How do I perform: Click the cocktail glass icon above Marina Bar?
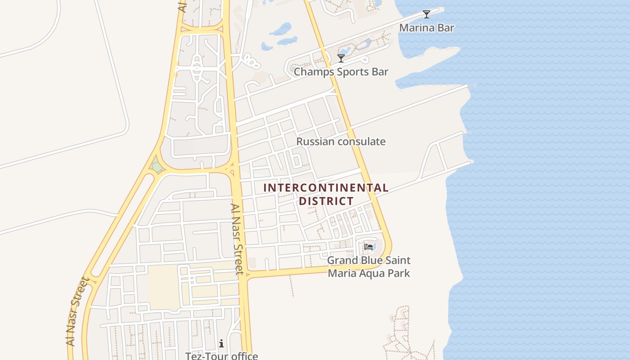click(x=426, y=14)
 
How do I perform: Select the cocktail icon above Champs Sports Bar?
click(x=341, y=58)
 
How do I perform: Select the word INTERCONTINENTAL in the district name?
click(x=326, y=188)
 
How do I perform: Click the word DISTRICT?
click(x=326, y=201)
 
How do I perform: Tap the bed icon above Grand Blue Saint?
click(x=369, y=247)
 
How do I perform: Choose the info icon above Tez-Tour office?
click(x=221, y=344)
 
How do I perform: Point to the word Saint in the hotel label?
click(x=396, y=261)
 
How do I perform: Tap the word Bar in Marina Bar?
click(x=446, y=28)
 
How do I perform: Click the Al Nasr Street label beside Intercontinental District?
click(x=237, y=239)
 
